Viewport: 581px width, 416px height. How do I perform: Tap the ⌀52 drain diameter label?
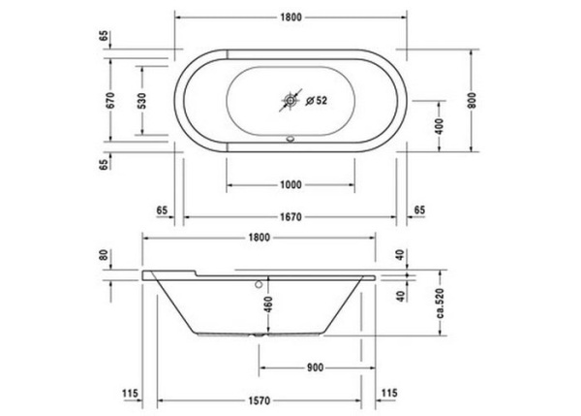pyautogui.click(x=317, y=99)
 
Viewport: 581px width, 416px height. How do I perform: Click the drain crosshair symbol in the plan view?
pyautogui.click(x=290, y=99)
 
